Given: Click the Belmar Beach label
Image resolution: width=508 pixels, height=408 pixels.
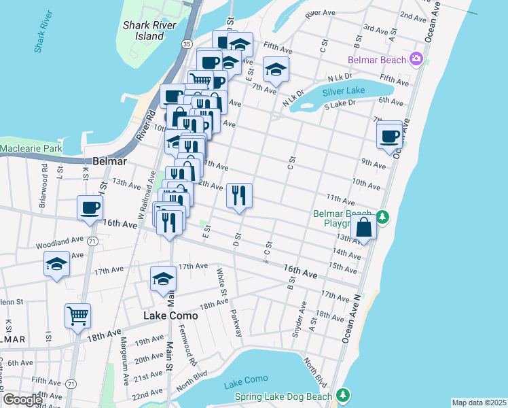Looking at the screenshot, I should [x=377, y=60].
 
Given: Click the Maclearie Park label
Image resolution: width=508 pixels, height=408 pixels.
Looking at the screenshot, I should [x=31, y=148].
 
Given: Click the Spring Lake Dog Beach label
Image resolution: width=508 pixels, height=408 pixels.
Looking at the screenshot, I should [x=283, y=396].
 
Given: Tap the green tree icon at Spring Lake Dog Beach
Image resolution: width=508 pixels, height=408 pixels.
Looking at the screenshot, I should [x=344, y=395].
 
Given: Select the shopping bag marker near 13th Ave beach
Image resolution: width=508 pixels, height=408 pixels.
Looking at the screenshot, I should [x=364, y=228].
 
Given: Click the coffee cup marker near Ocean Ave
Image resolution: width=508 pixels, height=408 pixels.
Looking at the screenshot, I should [x=391, y=136].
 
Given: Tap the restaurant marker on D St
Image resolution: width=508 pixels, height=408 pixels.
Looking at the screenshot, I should [x=239, y=196].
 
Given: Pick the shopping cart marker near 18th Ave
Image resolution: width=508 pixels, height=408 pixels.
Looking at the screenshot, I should [x=78, y=316].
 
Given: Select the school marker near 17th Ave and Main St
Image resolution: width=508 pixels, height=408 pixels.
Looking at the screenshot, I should [x=163, y=279].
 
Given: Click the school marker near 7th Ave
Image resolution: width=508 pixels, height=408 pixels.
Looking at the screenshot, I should [x=276, y=69].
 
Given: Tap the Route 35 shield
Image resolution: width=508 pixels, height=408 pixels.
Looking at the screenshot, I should [x=186, y=44].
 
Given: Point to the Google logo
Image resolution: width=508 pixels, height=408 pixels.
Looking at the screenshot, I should [x=22, y=400].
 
